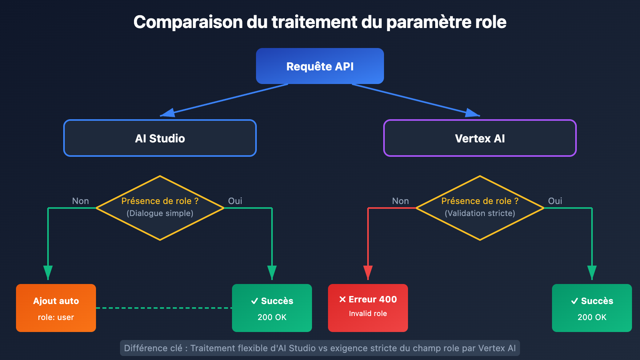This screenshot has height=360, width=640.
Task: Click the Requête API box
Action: [320, 66]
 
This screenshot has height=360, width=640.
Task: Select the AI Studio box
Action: [160, 138]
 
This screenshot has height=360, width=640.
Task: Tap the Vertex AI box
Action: [480, 138]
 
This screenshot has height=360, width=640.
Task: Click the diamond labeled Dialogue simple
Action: [160, 208]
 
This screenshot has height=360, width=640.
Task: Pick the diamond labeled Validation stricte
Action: [480, 208]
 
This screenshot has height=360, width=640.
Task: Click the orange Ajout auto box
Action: [56, 308]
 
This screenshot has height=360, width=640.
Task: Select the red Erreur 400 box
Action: [368, 308]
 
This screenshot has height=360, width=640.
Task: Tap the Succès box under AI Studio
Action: [272, 308]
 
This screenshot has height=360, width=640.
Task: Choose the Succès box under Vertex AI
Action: [592, 308]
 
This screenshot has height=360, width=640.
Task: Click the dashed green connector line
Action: [164, 308]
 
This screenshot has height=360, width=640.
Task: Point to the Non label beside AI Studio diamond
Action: [80, 201]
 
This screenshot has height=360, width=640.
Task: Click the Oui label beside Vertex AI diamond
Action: [555, 201]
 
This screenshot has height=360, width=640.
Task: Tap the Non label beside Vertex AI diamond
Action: [400, 201]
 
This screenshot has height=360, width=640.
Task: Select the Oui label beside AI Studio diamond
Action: [235, 201]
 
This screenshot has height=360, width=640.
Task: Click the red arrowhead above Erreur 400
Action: [368, 272]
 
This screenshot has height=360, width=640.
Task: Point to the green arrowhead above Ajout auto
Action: [48, 272]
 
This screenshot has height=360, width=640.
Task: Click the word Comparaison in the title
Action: [188, 22]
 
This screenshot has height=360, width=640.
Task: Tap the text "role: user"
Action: [56, 317]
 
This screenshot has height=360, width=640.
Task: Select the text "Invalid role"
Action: [368, 314]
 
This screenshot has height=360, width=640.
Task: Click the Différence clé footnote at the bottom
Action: [320, 348]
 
